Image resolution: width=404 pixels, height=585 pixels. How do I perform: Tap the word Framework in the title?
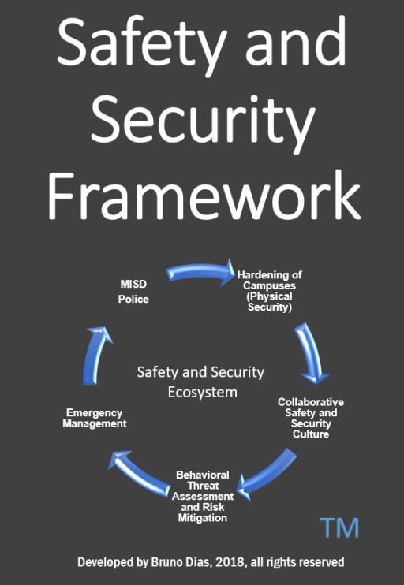click(x=204, y=196)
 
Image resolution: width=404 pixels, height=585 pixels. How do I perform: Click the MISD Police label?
click(x=133, y=292)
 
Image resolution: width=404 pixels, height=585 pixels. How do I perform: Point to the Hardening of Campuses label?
click(x=270, y=291)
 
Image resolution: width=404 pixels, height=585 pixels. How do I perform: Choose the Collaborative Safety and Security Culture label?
click(x=311, y=418)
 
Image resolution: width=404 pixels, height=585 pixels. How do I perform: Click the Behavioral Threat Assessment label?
click(x=203, y=496)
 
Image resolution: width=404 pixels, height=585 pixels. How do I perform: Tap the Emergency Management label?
click(x=95, y=418)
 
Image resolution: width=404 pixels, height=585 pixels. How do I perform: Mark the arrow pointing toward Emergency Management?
click(x=139, y=472)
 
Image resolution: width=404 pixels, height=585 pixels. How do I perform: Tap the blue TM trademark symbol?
click(x=339, y=527)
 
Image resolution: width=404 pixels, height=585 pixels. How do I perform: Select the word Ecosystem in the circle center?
click(x=202, y=392)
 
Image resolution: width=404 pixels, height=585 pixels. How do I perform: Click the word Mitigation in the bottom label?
click(x=202, y=518)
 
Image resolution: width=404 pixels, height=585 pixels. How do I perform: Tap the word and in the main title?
click(x=296, y=41)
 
